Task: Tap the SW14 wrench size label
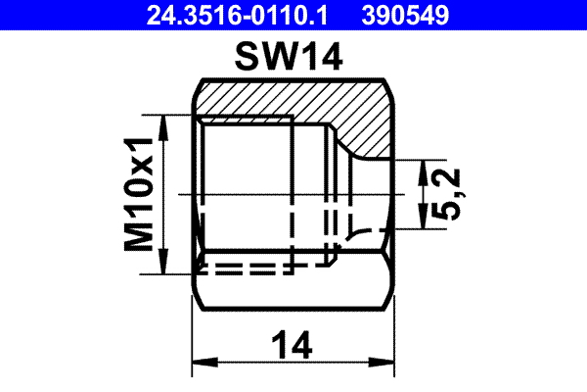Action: (291, 59)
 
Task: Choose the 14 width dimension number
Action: (292, 344)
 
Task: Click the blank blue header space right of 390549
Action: (528, 15)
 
